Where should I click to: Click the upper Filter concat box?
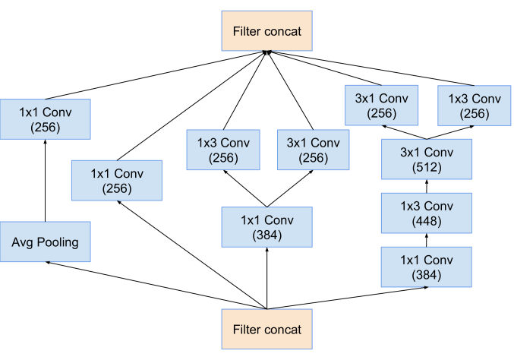pyautogui.click(x=266, y=31)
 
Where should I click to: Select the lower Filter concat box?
pyautogui.click(x=266, y=329)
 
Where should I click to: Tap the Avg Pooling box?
pyautogui.click(x=45, y=242)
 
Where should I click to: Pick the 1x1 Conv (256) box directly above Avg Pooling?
pyautogui.click(x=45, y=119)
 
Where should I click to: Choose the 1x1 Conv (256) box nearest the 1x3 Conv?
pyautogui.click(x=116, y=180)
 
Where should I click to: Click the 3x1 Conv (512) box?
pyautogui.click(x=426, y=159)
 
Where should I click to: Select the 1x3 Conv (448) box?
pyautogui.click(x=426, y=213)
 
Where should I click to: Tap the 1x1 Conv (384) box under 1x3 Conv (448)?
pyautogui.click(x=426, y=267)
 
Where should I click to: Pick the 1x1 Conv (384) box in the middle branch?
pyautogui.click(x=266, y=227)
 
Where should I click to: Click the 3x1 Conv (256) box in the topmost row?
pyautogui.click(x=381, y=106)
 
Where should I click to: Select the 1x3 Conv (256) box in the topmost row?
pyautogui.click(x=474, y=106)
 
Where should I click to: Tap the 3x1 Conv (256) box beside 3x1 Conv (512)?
pyautogui.click(x=313, y=150)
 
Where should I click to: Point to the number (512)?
pyautogui.click(x=426, y=167)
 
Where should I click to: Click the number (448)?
pyautogui.click(x=426, y=221)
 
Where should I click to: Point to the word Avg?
pyautogui.click(x=22, y=243)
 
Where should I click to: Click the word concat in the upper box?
pyautogui.click(x=283, y=32)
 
